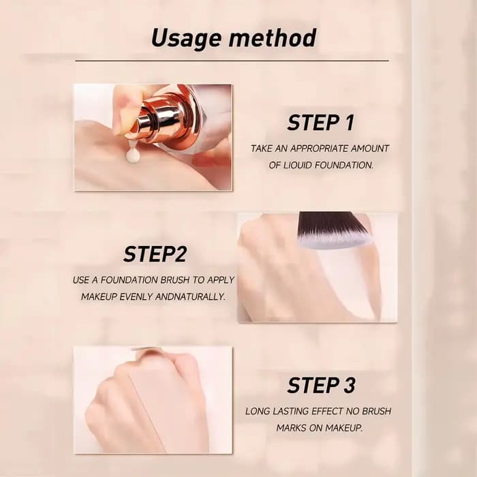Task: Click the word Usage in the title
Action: click(186, 39)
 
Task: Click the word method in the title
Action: click(273, 37)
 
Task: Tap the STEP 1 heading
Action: click(321, 123)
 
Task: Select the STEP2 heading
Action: click(155, 254)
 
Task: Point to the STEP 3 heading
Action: click(321, 385)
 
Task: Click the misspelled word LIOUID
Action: click(297, 165)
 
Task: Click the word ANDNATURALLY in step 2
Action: click(190, 296)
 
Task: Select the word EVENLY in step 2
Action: click(136, 296)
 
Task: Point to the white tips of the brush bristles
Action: click(335, 243)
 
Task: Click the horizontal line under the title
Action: click(232, 61)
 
